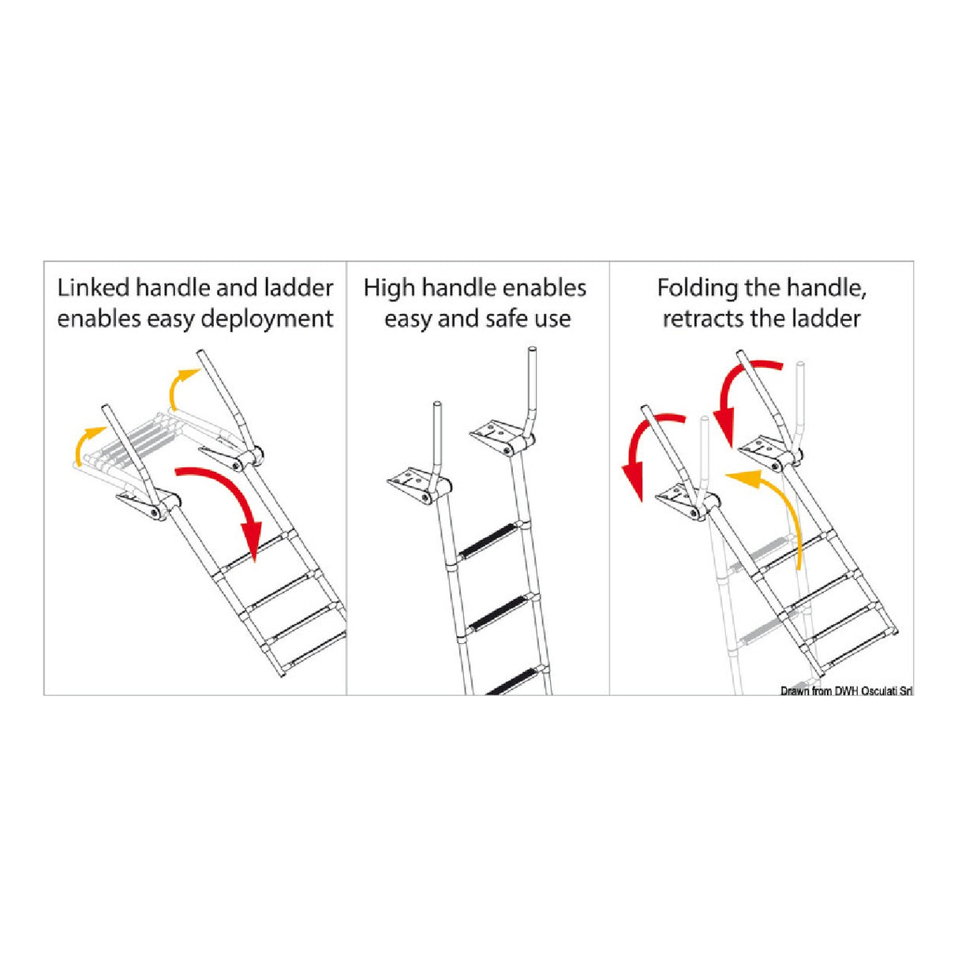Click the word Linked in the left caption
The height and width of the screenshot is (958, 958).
93,288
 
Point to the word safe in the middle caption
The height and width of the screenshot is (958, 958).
507,319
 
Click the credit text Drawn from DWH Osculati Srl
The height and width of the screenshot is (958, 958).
846,691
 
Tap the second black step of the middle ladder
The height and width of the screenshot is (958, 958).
499,612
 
